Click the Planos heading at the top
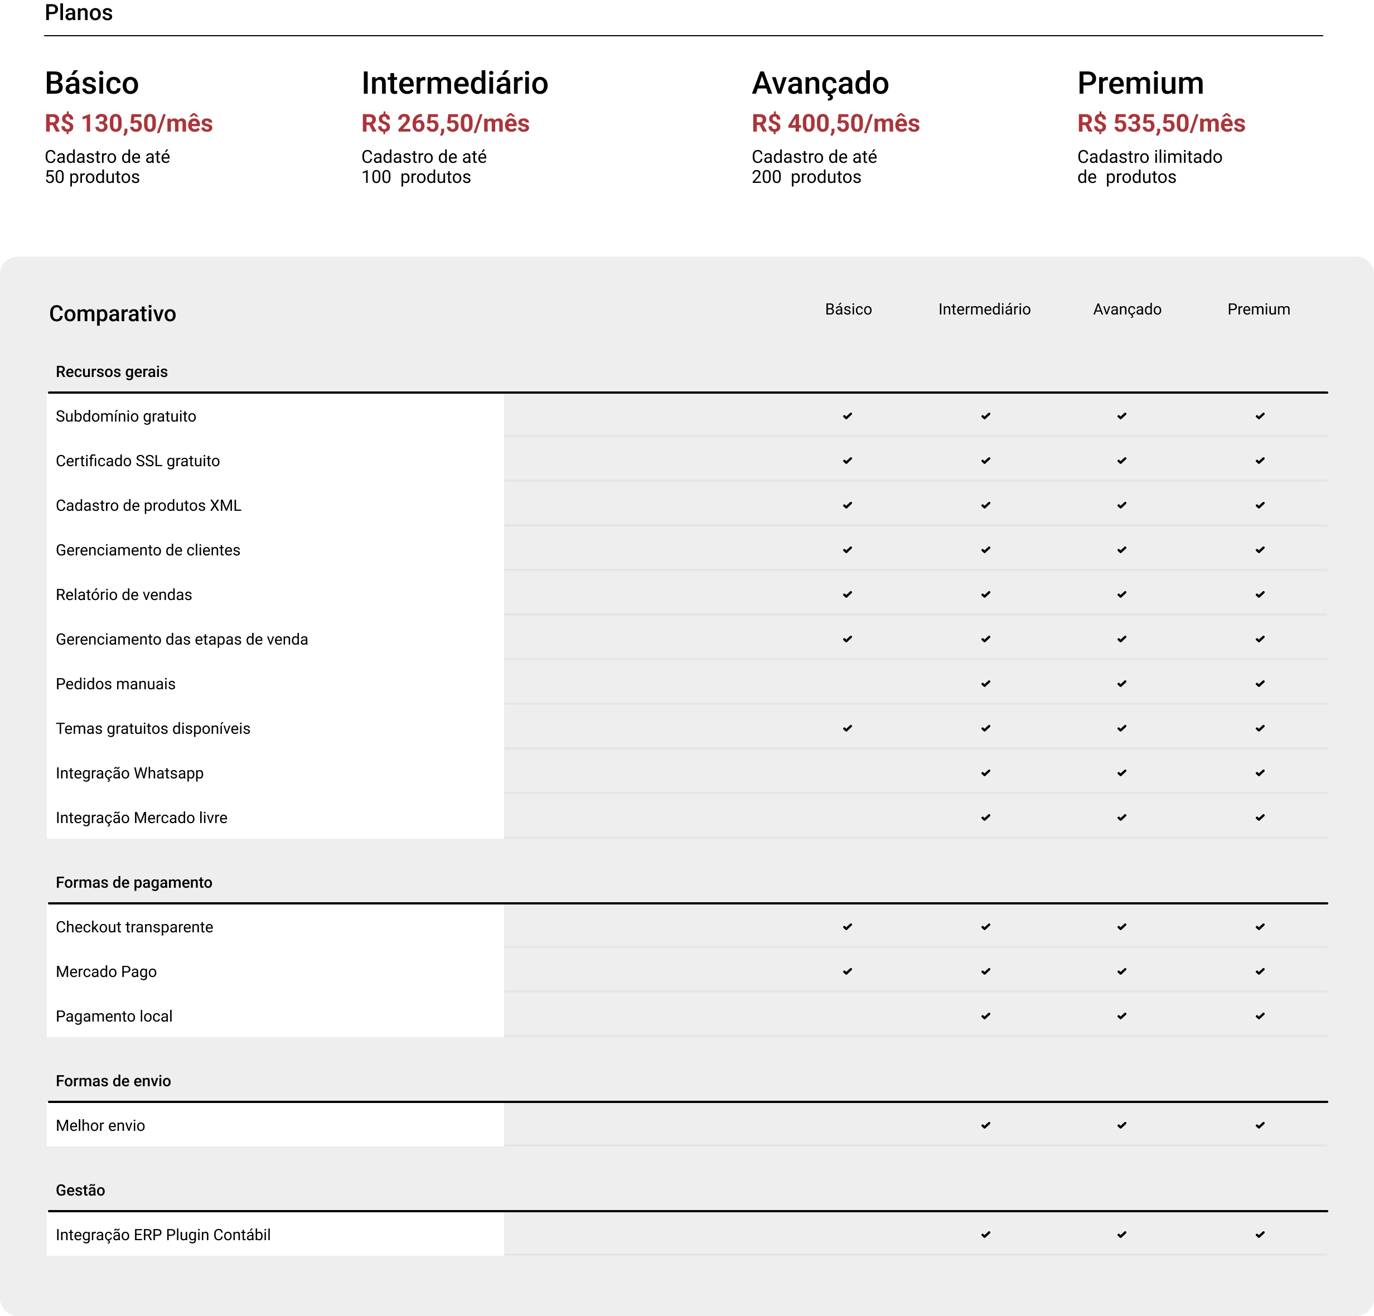(79, 13)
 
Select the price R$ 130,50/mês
(129, 123)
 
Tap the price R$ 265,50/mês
(445, 123)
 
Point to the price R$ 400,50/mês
(836, 123)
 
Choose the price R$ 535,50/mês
(1161, 123)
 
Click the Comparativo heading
(112, 313)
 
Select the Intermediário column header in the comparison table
(984, 309)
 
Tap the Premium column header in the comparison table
(1259, 309)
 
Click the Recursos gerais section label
(112, 371)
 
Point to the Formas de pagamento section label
(134, 882)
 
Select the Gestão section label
(81, 1190)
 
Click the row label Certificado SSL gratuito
(137, 461)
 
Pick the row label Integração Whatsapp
(130, 773)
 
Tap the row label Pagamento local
(114, 1016)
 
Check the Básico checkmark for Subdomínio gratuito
(848, 416)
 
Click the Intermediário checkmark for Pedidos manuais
(986, 684)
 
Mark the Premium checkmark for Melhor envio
(1260, 1125)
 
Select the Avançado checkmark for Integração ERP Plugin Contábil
(1121, 1235)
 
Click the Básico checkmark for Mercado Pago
(848, 971)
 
